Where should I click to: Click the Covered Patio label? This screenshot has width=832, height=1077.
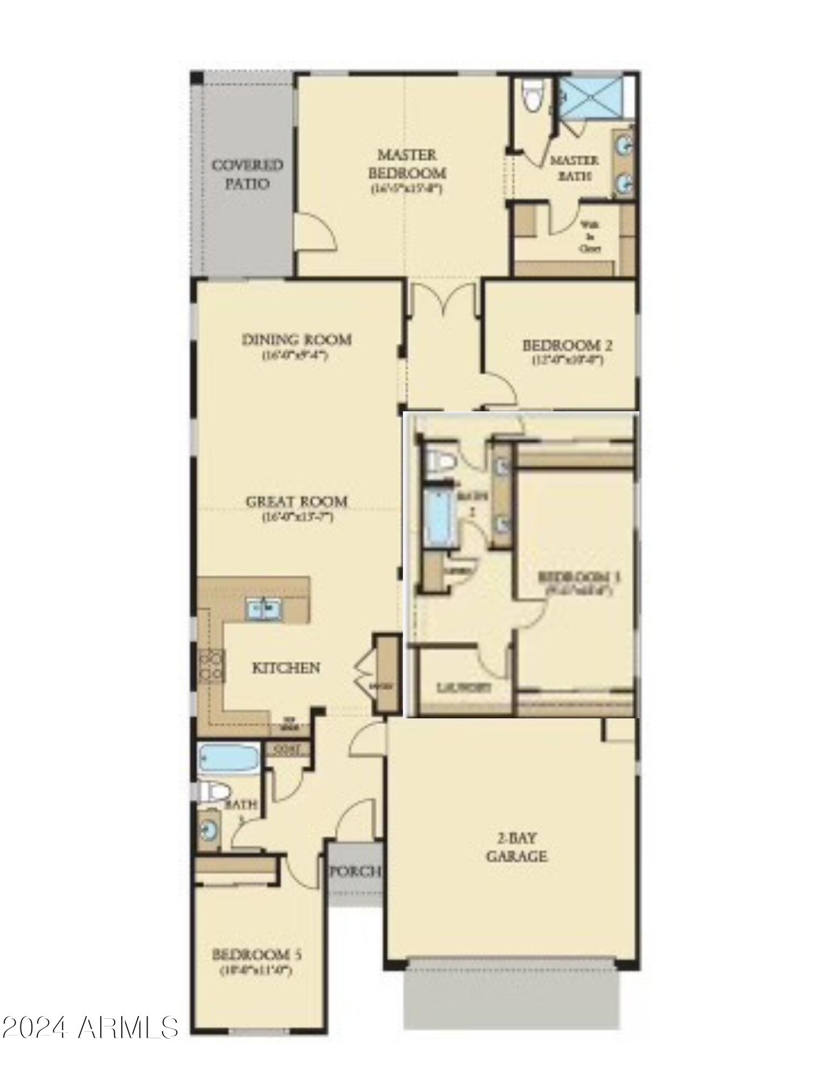point(247,174)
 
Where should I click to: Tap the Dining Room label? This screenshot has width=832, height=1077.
point(296,340)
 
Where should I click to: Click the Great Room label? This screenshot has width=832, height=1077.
point(296,502)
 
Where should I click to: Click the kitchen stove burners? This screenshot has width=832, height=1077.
point(212,666)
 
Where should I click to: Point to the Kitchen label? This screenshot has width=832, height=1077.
point(286,668)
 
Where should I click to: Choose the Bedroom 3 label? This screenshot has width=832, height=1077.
point(579,577)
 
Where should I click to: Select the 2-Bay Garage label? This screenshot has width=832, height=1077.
point(516,847)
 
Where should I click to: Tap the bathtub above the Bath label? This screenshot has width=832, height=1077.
point(228,759)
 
